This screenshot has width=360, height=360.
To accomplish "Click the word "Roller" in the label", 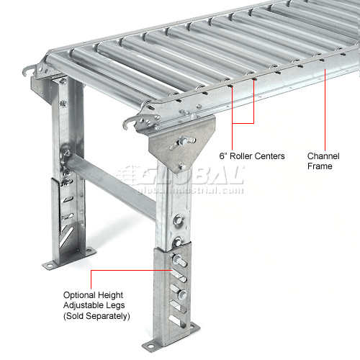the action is click(x=241, y=156).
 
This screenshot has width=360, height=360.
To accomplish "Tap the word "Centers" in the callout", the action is click(x=269, y=156).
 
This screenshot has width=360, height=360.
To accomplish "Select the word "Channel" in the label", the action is click(x=323, y=156).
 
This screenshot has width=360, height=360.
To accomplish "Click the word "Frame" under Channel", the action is click(x=320, y=166).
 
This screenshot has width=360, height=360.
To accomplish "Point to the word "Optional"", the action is click(x=79, y=295).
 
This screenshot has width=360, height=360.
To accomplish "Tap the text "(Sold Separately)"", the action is click(x=96, y=316).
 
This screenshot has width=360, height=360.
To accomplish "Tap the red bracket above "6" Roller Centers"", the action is click(x=243, y=123).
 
